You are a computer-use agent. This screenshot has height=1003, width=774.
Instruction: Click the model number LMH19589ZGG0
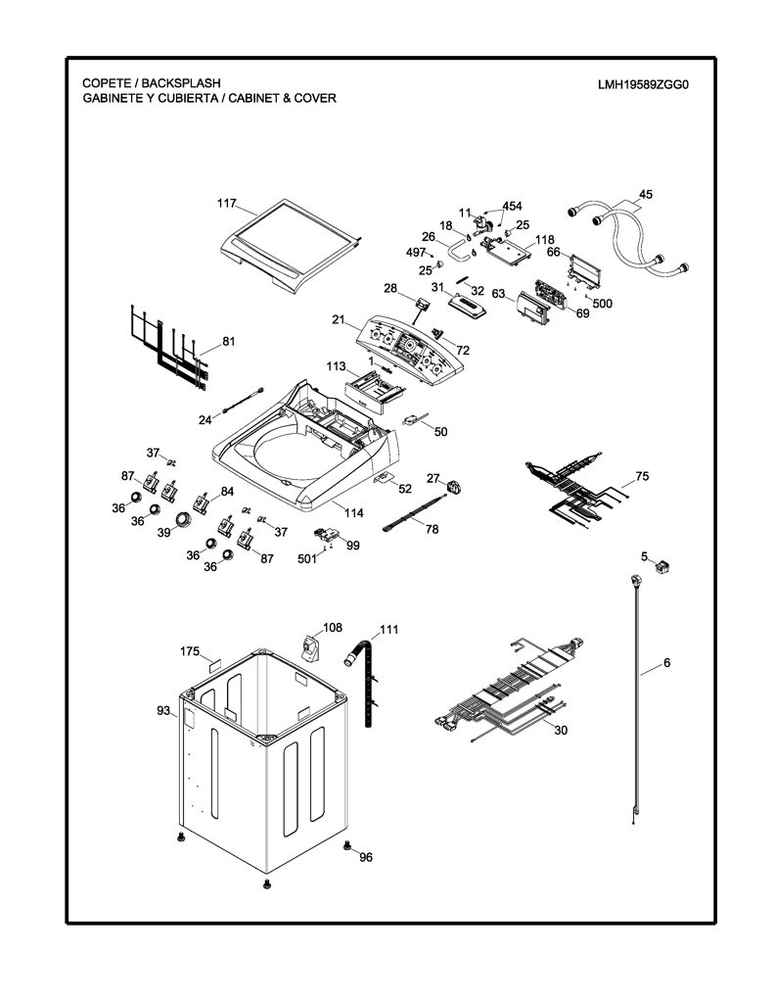[643, 84]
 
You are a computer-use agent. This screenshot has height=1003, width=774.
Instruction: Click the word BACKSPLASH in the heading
[181, 83]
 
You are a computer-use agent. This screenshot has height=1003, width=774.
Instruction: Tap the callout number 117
[227, 204]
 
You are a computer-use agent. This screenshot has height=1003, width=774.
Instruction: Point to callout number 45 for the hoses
[646, 194]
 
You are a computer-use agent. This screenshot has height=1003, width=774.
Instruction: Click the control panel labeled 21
[410, 350]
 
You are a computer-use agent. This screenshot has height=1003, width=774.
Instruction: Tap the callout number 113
[336, 366]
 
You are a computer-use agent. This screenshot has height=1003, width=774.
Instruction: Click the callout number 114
[353, 512]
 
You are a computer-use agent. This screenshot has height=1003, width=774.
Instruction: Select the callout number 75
[642, 476]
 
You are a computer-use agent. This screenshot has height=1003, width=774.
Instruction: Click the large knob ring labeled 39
[183, 518]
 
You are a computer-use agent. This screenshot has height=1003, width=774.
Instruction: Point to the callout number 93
[163, 711]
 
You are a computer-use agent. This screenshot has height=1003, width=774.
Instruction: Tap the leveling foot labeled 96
[347, 845]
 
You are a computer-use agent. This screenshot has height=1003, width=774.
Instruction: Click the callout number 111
[388, 630]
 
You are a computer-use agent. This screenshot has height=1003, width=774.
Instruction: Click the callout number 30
[561, 730]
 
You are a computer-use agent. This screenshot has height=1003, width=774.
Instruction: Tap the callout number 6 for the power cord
[666, 663]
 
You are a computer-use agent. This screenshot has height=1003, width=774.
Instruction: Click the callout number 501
[307, 558]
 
